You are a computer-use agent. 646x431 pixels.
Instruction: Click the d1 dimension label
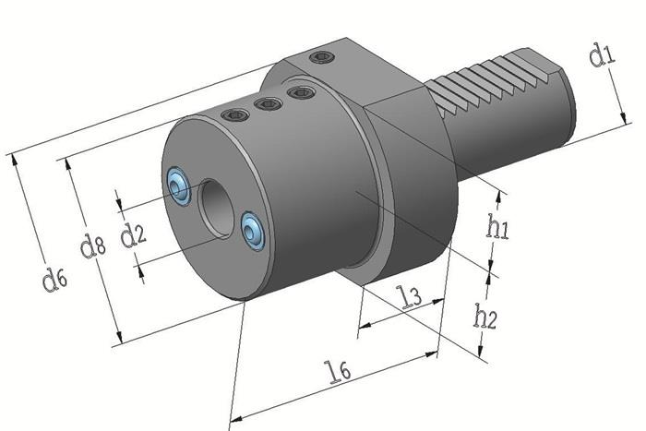point(601,57)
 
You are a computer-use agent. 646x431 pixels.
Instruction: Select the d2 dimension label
point(134,233)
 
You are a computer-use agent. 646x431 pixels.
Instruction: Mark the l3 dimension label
point(409,297)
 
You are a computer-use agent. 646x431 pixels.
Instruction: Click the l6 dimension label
point(339,369)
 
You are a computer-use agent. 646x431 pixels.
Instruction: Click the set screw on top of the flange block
point(321,57)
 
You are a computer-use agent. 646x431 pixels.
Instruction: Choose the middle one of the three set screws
point(268,103)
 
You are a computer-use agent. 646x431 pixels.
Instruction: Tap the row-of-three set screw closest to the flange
point(298,92)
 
